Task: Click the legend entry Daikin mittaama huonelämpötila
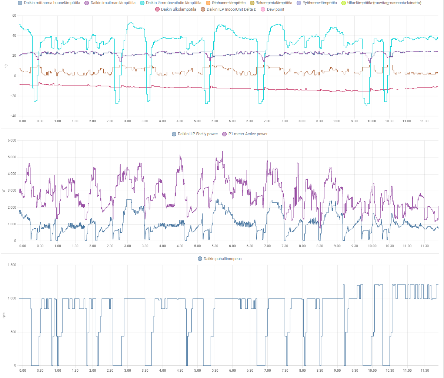pos(52,3)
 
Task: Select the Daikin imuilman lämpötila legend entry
pos(113,3)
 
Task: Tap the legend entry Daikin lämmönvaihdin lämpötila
pos(173,3)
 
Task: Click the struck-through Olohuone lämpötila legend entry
pos(228,3)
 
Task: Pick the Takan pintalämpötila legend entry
pos(274,3)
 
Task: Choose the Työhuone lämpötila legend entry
pos(320,3)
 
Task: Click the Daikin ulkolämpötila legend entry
pos(178,10)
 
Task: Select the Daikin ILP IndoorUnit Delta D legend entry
pos(231,10)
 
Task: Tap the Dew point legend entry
pos(276,10)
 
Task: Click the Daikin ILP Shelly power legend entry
pos(198,134)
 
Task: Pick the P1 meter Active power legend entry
pos(248,134)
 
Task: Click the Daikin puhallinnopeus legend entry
pos(222,259)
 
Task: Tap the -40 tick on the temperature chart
pos(13,116)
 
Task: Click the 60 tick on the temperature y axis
pos(14,16)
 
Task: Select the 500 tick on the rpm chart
pos(13,332)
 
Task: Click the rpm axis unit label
pos(4,315)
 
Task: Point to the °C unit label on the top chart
pos(6,66)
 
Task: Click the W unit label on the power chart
pos(4,191)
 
